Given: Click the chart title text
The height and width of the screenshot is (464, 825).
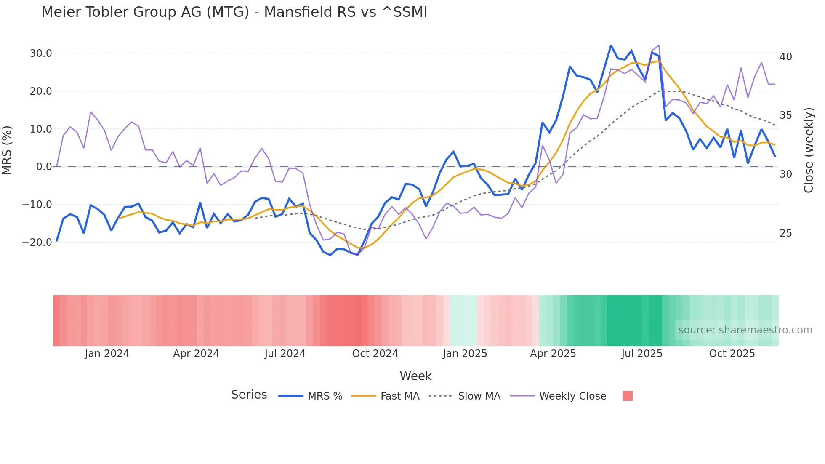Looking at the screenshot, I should (x=234, y=12).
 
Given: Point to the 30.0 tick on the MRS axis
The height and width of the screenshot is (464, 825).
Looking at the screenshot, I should (x=41, y=53).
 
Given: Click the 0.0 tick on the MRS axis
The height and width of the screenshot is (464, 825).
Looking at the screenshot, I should (x=44, y=167).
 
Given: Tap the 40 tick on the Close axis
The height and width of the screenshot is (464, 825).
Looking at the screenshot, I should (x=785, y=57).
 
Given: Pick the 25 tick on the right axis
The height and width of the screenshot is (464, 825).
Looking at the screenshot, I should (x=785, y=233).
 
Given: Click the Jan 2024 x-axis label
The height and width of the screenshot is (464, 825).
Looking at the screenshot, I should (x=107, y=354).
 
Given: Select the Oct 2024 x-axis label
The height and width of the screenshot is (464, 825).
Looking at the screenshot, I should (x=375, y=354).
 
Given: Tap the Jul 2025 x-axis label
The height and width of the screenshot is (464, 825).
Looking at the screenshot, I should (x=641, y=354).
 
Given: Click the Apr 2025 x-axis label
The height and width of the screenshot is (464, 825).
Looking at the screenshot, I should (x=553, y=354).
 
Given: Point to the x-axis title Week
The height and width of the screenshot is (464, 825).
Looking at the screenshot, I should (x=415, y=376).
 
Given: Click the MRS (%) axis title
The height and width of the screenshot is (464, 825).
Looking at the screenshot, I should (x=7, y=150).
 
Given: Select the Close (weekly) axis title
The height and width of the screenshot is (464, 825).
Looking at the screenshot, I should (x=808, y=150).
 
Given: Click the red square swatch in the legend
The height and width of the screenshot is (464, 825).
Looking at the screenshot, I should (x=627, y=396).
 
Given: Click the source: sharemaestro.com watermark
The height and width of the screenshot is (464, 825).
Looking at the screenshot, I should (x=745, y=330).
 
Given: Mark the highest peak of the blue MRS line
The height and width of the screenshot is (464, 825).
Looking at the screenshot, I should (x=611, y=45).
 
